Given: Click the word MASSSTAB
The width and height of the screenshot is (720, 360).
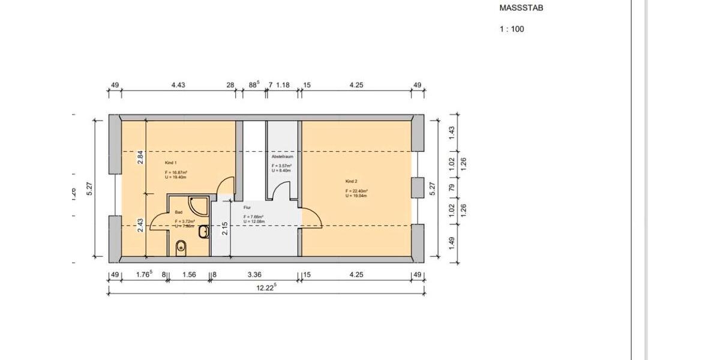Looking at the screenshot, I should pyautogui.click(x=521, y=8).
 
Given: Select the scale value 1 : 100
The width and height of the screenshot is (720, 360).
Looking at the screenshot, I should pyautogui.click(x=511, y=29).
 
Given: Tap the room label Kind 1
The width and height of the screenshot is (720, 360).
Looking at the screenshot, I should pyautogui.click(x=170, y=163).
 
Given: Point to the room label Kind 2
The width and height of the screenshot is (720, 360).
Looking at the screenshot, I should pyautogui.click(x=351, y=181).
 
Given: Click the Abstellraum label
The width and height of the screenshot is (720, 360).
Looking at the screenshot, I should pyautogui.click(x=281, y=156).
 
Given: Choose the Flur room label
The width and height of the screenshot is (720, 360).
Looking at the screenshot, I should pyautogui.click(x=247, y=208).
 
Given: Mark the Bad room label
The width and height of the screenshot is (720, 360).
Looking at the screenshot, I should pyautogui.click(x=178, y=212).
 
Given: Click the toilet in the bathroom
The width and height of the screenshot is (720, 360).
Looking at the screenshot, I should pyautogui.click(x=181, y=247).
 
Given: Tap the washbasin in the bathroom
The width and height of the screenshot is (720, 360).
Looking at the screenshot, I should pyautogui.click(x=204, y=231).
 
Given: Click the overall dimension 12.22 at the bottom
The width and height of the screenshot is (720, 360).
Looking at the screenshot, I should pyautogui.click(x=266, y=287).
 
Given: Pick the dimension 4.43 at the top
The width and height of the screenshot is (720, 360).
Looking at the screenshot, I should pyautogui.click(x=178, y=85).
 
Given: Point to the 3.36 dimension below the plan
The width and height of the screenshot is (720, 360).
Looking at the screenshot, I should pyautogui.click(x=254, y=275).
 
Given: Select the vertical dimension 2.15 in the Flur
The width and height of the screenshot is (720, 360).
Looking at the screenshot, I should pyautogui.click(x=225, y=229).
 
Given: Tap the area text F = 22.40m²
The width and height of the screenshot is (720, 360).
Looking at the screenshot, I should pyautogui.click(x=356, y=191).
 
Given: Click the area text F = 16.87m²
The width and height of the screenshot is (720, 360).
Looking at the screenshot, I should pyautogui.click(x=176, y=172).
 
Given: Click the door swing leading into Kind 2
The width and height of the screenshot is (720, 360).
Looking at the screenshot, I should pyautogui.click(x=311, y=215).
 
